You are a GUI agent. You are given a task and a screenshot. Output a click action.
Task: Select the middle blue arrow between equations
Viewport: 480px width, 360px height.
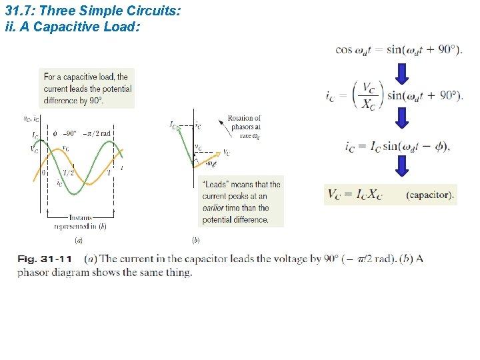point(401,118)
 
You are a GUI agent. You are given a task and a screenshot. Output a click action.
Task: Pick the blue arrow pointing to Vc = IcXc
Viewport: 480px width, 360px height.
point(401,165)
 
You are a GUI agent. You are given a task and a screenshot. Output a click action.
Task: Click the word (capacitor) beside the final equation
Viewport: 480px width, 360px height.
point(429,195)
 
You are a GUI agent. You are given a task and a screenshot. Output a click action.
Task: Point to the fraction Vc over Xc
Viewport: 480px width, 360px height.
point(368,95)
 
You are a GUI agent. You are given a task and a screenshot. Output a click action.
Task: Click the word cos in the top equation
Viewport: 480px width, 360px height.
point(344,49)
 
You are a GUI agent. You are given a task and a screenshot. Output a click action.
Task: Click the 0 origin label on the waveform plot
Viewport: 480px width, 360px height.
point(43,173)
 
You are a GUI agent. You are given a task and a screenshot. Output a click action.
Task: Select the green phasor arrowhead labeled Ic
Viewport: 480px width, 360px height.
point(178,127)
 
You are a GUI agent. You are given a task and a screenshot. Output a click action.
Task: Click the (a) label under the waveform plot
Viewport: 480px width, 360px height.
point(78,240)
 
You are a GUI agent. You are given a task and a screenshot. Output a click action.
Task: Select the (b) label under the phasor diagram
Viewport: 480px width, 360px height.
point(195,240)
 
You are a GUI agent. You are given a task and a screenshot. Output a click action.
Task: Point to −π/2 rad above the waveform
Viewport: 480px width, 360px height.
point(96,133)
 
